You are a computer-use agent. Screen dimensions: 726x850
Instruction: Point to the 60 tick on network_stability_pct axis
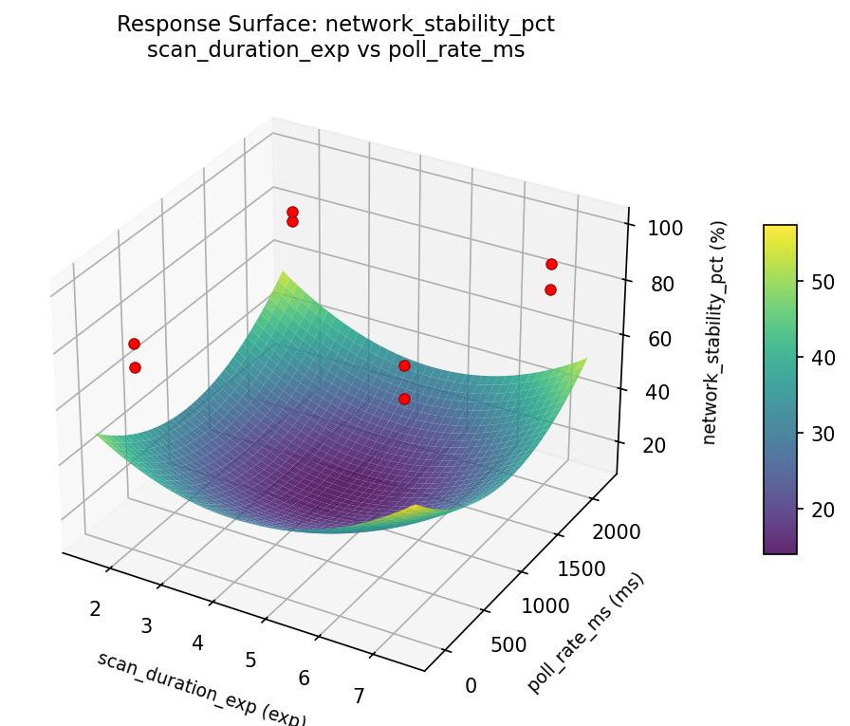(654, 339)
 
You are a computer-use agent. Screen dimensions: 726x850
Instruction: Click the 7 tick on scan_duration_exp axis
(359, 697)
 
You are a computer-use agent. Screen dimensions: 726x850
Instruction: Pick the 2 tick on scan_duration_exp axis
(95, 607)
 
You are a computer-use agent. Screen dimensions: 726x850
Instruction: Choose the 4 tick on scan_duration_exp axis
(198, 642)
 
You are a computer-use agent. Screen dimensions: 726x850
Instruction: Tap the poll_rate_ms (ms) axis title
(586, 633)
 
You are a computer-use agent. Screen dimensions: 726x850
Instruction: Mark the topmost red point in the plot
(292, 212)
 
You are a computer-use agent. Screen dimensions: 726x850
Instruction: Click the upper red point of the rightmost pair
(551, 264)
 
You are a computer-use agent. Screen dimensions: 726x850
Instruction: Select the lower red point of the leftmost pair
(135, 367)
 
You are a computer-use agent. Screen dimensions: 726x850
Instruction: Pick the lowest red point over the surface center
(404, 399)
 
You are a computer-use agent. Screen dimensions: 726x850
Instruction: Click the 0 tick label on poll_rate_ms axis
(471, 685)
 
